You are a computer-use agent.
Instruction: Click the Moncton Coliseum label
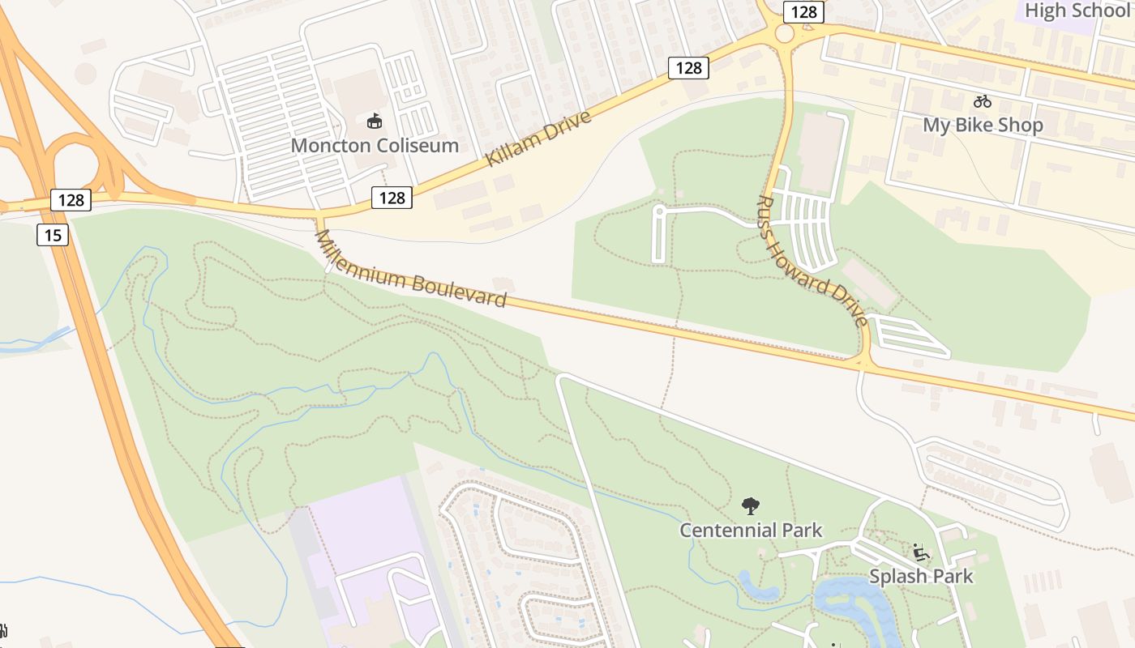[375, 146]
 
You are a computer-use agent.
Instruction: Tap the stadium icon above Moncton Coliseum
[375, 122]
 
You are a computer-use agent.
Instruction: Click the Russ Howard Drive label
[812, 259]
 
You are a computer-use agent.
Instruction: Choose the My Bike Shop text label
[983, 125]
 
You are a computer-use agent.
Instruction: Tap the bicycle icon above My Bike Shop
[983, 101]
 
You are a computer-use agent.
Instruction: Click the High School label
[1077, 11]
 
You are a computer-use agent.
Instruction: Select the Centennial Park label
[751, 531]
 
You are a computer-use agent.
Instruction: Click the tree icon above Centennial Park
[751, 506]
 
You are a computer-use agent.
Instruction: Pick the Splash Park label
[921, 576]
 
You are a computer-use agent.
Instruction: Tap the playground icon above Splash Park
[921, 552]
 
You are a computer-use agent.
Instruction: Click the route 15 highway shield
[53, 235]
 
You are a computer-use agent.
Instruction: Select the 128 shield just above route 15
[71, 200]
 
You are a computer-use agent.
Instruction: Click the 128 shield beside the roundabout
[803, 12]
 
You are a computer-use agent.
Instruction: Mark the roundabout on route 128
[785, 34]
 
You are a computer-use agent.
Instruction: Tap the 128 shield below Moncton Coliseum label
[392, 197]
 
